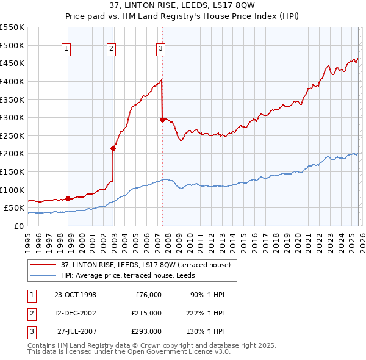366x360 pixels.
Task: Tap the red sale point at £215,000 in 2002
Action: click(113, 148)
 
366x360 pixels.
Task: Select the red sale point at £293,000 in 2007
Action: click(162, 120)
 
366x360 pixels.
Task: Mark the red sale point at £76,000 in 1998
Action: click(68, 198)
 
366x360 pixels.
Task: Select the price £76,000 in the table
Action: click(146, 295)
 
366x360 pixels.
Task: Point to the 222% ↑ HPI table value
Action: click(207, 312)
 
